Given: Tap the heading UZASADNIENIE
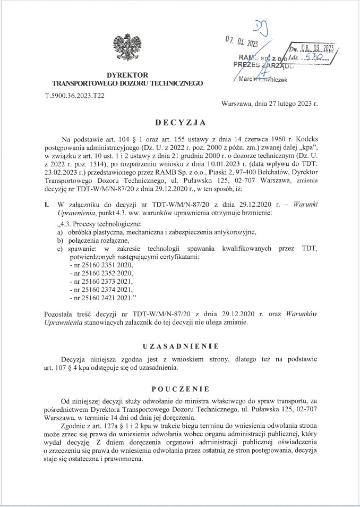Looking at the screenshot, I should (180, 345).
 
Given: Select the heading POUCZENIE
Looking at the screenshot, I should (180, 388).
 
